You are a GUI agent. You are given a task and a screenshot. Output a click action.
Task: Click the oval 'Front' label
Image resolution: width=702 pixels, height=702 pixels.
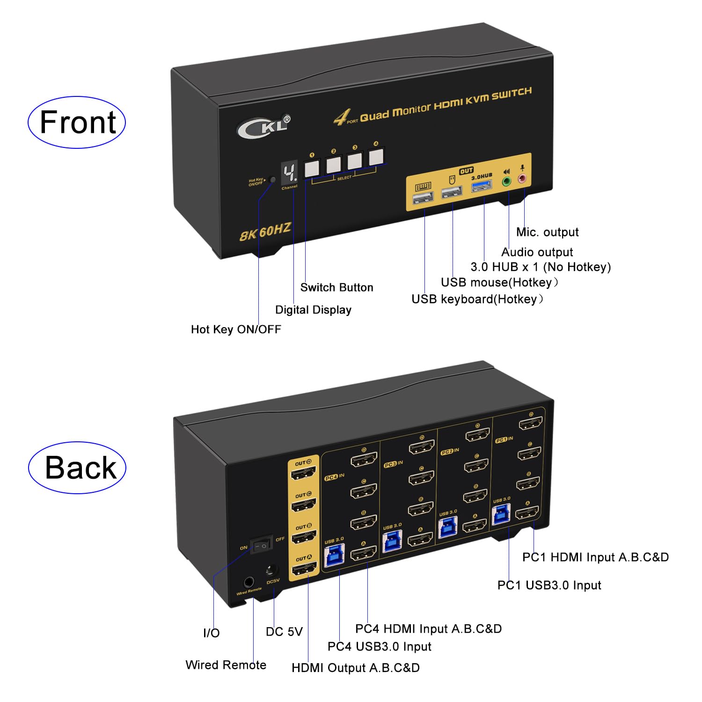tap(77, 123)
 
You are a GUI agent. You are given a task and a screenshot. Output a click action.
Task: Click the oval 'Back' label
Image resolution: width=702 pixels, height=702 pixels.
tap(78, 468)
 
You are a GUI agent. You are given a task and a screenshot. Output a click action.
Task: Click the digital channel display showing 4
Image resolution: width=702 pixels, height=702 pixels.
tap(289, 174)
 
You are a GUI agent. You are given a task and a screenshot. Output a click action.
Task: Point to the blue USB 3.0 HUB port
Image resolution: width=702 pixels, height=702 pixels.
tap(482, 187)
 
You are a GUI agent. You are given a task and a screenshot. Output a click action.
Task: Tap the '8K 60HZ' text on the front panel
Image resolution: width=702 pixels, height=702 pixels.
tap(265, 232)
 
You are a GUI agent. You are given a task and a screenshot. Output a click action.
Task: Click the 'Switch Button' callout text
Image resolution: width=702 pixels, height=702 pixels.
tap(336, 287)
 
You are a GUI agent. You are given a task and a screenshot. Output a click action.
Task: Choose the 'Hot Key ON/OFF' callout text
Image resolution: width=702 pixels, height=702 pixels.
tap(236, 329)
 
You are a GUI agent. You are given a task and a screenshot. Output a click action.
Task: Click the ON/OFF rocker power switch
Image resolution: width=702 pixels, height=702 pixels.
tap(261, 545)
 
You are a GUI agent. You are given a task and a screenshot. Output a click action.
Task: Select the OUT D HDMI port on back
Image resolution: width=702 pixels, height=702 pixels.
tap(304, 474)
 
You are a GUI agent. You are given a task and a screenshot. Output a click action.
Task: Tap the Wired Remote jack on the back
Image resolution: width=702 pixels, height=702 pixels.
tap(249, 583)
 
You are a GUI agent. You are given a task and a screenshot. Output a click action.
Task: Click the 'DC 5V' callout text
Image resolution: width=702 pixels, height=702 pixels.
tap(284, 632)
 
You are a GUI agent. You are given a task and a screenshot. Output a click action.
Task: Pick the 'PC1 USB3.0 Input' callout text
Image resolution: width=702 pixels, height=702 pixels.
tap(549, 585)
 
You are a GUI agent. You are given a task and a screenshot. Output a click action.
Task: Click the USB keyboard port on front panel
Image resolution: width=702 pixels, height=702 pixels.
tap(423, 198)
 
